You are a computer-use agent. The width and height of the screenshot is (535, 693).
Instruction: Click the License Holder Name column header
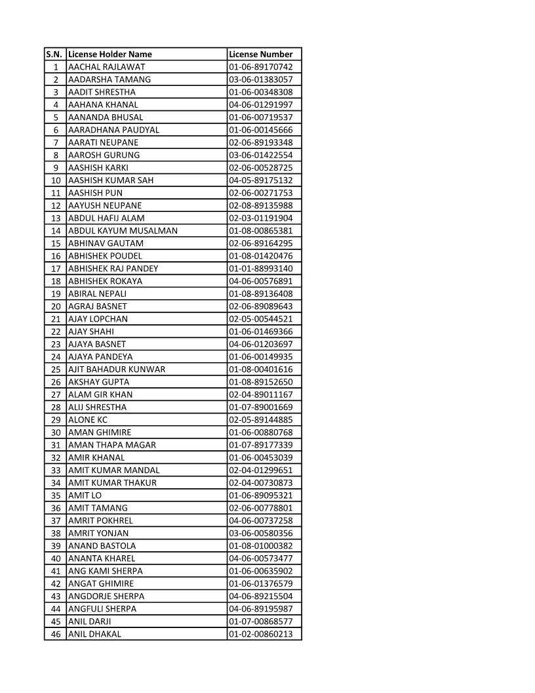[110, 54]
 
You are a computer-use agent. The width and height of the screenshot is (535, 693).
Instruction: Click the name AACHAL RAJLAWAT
[107, 67]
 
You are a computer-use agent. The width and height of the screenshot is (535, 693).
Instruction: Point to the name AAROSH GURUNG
[104, 155]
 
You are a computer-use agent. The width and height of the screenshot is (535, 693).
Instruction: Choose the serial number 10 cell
[56, 180]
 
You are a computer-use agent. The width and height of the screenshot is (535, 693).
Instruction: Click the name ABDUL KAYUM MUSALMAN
[123, 231]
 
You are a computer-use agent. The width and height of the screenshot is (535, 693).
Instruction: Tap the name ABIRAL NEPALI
[98, 293]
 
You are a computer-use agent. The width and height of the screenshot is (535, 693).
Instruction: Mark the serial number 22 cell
[56, 331]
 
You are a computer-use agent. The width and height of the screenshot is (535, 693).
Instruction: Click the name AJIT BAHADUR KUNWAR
[117, 369]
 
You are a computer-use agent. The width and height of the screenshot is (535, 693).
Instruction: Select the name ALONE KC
[89, 420]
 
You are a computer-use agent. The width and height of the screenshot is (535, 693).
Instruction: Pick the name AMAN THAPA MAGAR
[112, 445]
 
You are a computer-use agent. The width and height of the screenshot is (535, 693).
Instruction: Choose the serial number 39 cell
[56, 546]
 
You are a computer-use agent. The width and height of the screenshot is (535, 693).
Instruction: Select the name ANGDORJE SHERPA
[106, 597]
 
